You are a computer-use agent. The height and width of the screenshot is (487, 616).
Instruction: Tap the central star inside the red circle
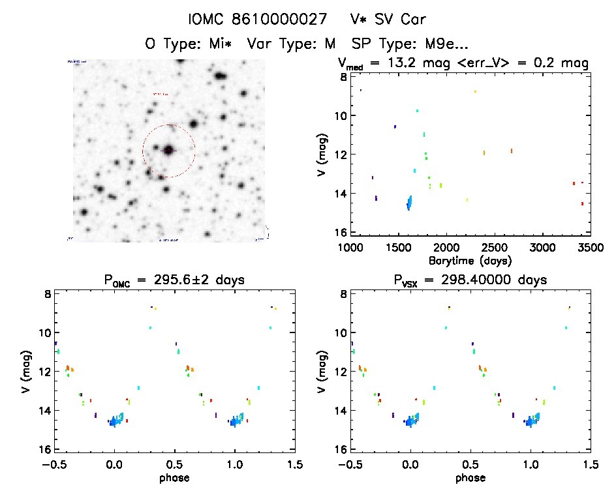pos(169,150)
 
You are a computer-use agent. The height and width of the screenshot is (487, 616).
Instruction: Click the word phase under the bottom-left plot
pos(174,477)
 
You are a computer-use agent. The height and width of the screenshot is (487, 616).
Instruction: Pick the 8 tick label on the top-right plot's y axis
pos(341,77)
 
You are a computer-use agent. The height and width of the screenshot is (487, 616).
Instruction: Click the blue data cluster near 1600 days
pos(409,203)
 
